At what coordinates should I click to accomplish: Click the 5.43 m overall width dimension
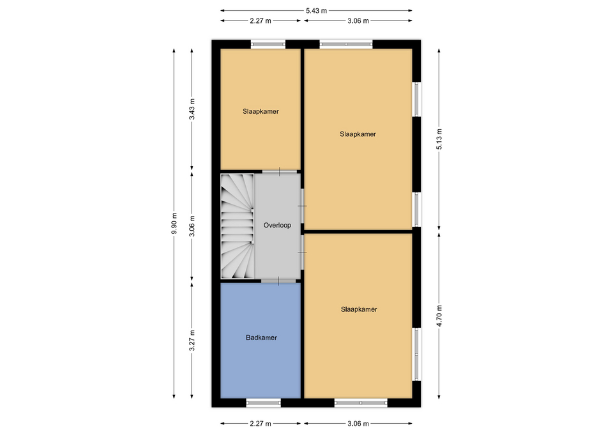(316, 11)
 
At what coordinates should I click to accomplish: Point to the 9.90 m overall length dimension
(174, 224)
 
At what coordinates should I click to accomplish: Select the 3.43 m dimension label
(192, 109)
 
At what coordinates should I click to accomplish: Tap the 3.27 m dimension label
(192, 341)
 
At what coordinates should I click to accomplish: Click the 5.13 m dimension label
(439, 139)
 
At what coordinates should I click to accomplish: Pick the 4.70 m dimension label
(439, 315)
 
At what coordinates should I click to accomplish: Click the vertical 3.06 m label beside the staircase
(192, 226)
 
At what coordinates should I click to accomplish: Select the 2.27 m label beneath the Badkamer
(261, 423)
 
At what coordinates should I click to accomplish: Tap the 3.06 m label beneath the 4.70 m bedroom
(358, 423)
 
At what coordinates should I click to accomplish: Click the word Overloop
(277, 225)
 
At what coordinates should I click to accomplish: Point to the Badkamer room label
(261, 337)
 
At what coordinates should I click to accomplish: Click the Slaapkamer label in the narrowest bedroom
(261, 111)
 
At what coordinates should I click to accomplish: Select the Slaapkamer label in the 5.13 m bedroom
(358, 134)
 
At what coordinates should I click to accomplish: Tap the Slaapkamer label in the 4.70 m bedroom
(359, 309)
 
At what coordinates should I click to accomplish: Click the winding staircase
(238, 226)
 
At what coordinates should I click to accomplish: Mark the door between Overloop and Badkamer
(278, 281)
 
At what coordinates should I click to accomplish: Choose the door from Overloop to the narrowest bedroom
(279, 171)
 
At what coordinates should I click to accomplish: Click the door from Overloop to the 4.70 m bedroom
(303, 252)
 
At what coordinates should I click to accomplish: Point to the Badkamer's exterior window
(264, 403)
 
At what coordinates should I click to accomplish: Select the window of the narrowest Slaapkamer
(268, 44)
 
